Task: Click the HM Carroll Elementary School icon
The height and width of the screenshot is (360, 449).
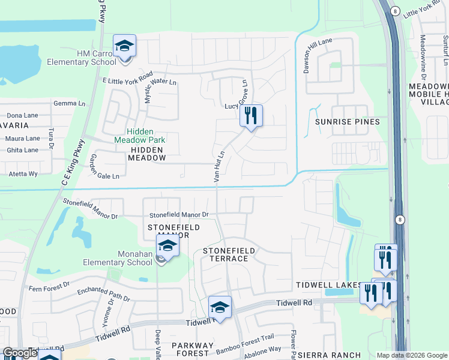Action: pyautogui.click(x=125, y=46)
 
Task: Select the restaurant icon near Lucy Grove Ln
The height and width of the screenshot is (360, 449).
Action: pyautogui.click(x=251, y=115)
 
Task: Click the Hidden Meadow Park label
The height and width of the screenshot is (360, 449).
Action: pyautogui.click(x=140, y=136)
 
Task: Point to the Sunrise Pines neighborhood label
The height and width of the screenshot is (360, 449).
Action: pyautogui.click(x=348, y=122)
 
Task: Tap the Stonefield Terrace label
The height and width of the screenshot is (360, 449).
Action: pyautogui.click(x=229, y=254)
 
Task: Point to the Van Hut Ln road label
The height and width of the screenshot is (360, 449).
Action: pyautogui.click(x=219, y=166)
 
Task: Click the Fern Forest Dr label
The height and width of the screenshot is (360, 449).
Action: pyautogui.click(x=49, y=288)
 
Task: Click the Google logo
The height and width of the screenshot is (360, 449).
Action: pyautogui.click(x=20, y=353)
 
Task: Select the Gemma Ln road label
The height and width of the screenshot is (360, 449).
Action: pyautogui.click(x=69, y=103)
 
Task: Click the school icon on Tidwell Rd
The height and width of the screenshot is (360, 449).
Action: pyautogui.click(x=220, y=308)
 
